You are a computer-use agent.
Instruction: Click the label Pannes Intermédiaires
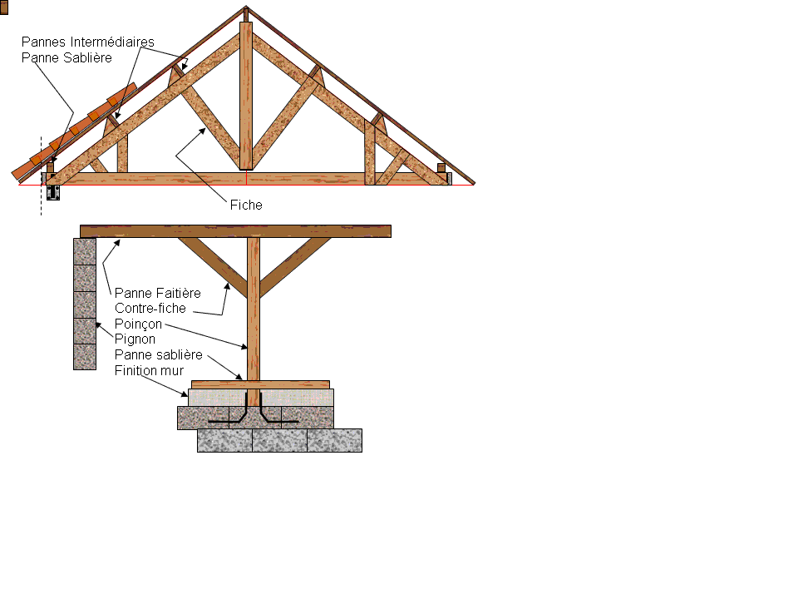click(87, 42)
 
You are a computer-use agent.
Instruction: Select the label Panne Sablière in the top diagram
click(66, 57)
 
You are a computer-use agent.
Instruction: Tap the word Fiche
click(246, 205)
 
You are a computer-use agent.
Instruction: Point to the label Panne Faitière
click(157, 293)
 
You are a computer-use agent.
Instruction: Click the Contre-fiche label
click(150, 309)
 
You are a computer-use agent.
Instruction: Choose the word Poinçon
click(138, 324)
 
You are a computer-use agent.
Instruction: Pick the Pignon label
click(135, 339)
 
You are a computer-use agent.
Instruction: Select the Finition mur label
click(149, 370)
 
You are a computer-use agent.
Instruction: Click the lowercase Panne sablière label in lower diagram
click(158, 355)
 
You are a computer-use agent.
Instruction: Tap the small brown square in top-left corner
click(3, 7)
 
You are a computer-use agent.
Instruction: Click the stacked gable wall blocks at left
click(85, 304)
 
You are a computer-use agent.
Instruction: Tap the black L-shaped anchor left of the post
click(236, 413)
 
